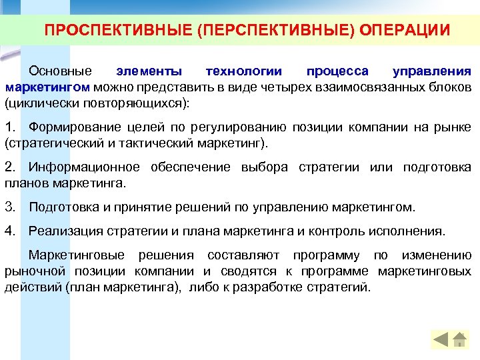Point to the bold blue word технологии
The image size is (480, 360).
[244, 71]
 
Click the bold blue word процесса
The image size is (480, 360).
[337, 71]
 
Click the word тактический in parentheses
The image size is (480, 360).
[133, 143]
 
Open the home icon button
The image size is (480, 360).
[459, 339]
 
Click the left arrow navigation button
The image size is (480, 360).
[441, 339]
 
